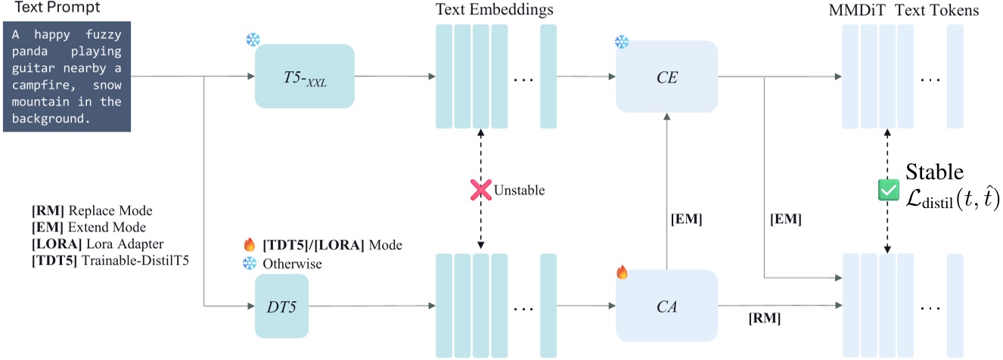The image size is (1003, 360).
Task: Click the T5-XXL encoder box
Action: pyautogui.click(x=305, y=76)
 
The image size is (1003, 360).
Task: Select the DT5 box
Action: pyautogui.click(x=281, y=306)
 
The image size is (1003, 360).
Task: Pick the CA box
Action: pyautogui.click(x=666, y=306)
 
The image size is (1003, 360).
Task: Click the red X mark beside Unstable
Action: pyautogui.click(x=480, y=191)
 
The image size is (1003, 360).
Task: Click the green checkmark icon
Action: pyautogui.click(x=886, y=191)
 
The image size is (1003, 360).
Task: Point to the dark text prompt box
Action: pyautogui.click(x=66, y=77)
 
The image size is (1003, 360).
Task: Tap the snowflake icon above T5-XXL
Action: pyautogui.click(x=253, y=40)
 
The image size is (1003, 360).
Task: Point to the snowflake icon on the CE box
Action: pyautogui.click(x=622, y=42)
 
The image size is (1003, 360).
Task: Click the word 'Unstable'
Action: pyautogui.click(x=519, y=191)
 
